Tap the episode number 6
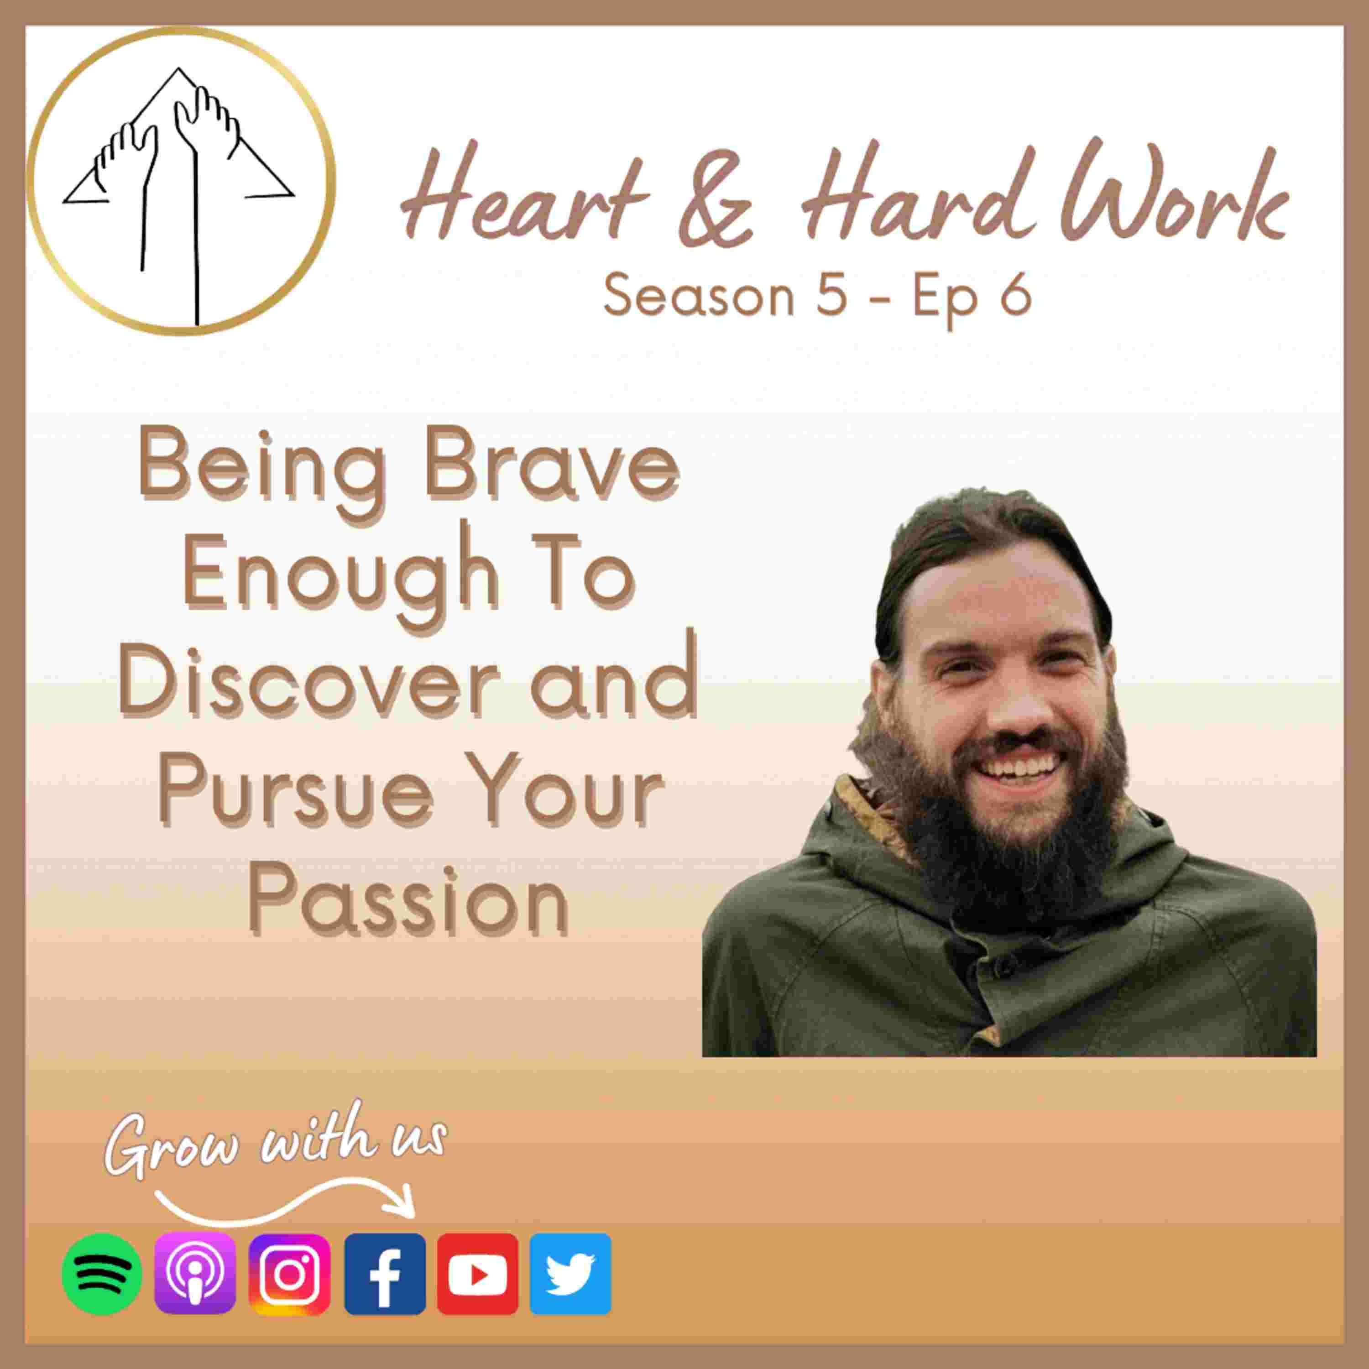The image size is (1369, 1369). pyautogui.click(x=1015, y=296)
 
